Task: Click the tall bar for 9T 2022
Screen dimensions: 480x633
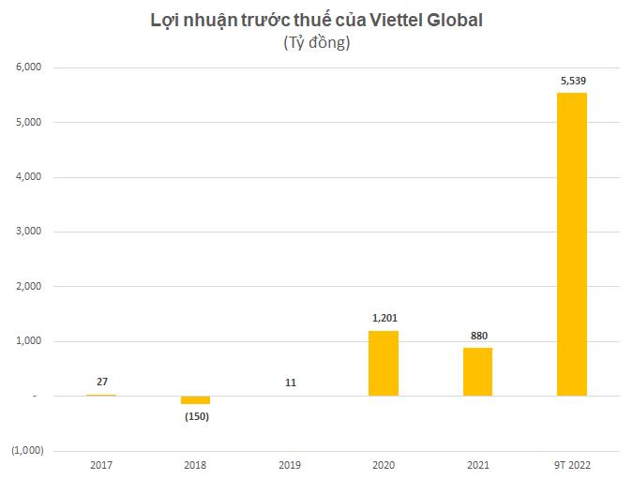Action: point(571,244)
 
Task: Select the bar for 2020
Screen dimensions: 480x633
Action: point(383,363)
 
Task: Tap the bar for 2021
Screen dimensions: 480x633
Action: point(477,371)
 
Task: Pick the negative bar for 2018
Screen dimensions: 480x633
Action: point(195,399)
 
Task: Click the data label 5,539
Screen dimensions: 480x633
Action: point(572,82)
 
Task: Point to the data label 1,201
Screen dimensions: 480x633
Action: point(384,319)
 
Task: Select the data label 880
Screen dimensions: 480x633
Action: point(478,336)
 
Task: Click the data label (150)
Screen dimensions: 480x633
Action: point(195,416)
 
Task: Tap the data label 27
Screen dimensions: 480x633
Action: point(101,382)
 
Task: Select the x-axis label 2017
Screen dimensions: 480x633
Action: point(101,464)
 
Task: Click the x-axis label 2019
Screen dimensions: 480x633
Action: point(289,464)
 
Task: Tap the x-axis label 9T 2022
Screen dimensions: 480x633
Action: point(572,464)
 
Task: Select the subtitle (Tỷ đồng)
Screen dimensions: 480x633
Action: point(316,43)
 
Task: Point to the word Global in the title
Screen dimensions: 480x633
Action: point(454,21)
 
